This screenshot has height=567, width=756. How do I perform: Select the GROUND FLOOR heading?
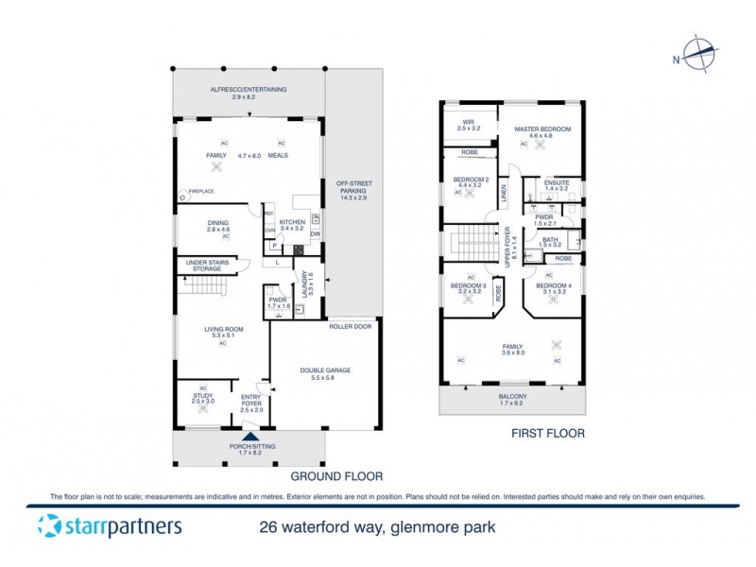click(330, 476)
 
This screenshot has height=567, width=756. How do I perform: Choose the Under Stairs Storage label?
click(209, 266)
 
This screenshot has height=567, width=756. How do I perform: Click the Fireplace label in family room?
click(201, 192)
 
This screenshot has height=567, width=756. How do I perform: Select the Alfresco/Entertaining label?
click(248, 93)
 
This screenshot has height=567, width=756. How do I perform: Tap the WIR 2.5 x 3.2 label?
click(468, 124)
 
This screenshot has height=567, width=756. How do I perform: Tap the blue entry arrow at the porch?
click(249, 436)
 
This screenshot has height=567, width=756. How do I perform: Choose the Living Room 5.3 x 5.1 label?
click(223, 332)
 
